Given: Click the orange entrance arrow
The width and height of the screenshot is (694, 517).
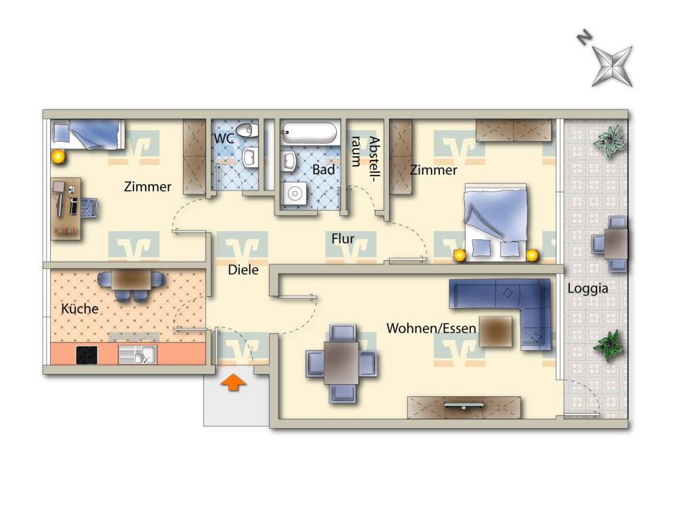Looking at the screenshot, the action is pyautogui.click(x=233, y=383).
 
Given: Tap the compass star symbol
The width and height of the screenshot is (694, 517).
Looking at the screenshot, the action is pyautogui.click(x=613, y=66).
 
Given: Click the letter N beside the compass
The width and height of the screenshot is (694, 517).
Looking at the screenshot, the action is pyautogui.click(x=584, y=37).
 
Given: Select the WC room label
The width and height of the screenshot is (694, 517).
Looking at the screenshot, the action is pyautogui.click(x=224, y=138).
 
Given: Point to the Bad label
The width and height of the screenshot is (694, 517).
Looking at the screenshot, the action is pyautogui.click(x=323, y=169).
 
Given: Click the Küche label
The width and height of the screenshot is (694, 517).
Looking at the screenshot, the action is pyautogui.click(x=80, y=308).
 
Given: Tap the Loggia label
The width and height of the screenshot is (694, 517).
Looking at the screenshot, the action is pyautogui.click(x=588, y=289).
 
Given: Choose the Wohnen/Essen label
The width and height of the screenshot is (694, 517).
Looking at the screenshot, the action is pyautogui.click(x=431, y=329).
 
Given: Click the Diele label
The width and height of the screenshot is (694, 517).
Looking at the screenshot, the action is pyautogui.click(x=243, y=270).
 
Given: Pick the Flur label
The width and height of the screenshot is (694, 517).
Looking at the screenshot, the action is pyautogui.click(x=343, y=239).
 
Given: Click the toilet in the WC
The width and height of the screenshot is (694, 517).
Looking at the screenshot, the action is pyautogui.click(x=247, y=130).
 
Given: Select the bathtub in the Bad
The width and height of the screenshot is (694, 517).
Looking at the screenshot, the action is pyautogui.click(x=309, y=133).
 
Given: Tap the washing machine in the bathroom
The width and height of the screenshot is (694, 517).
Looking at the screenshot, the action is pyautogui.click(x=293, y=193).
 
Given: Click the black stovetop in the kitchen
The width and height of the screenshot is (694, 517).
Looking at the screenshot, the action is pyautogui.click(x=87, y=355).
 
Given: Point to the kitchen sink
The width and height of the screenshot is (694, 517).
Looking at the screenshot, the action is pyautogui.click(x=137, y=354).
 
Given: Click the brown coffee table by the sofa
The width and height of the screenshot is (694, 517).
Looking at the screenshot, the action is pyautogui.click(x=495, y=331).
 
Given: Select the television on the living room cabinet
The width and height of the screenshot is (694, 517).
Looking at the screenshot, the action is pyautogui.click(x=464, y=405).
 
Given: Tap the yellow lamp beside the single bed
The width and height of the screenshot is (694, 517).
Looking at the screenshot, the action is pyautogui.click(x=58, y=157).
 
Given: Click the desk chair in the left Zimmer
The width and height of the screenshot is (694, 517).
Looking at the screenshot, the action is pyautogui.click(x=89, y=208).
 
